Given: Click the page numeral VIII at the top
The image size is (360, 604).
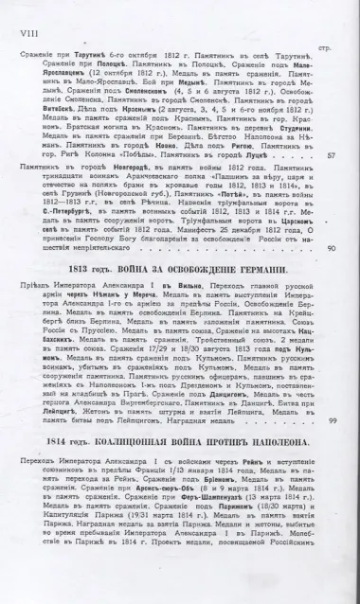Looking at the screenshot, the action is tap(26, 13).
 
